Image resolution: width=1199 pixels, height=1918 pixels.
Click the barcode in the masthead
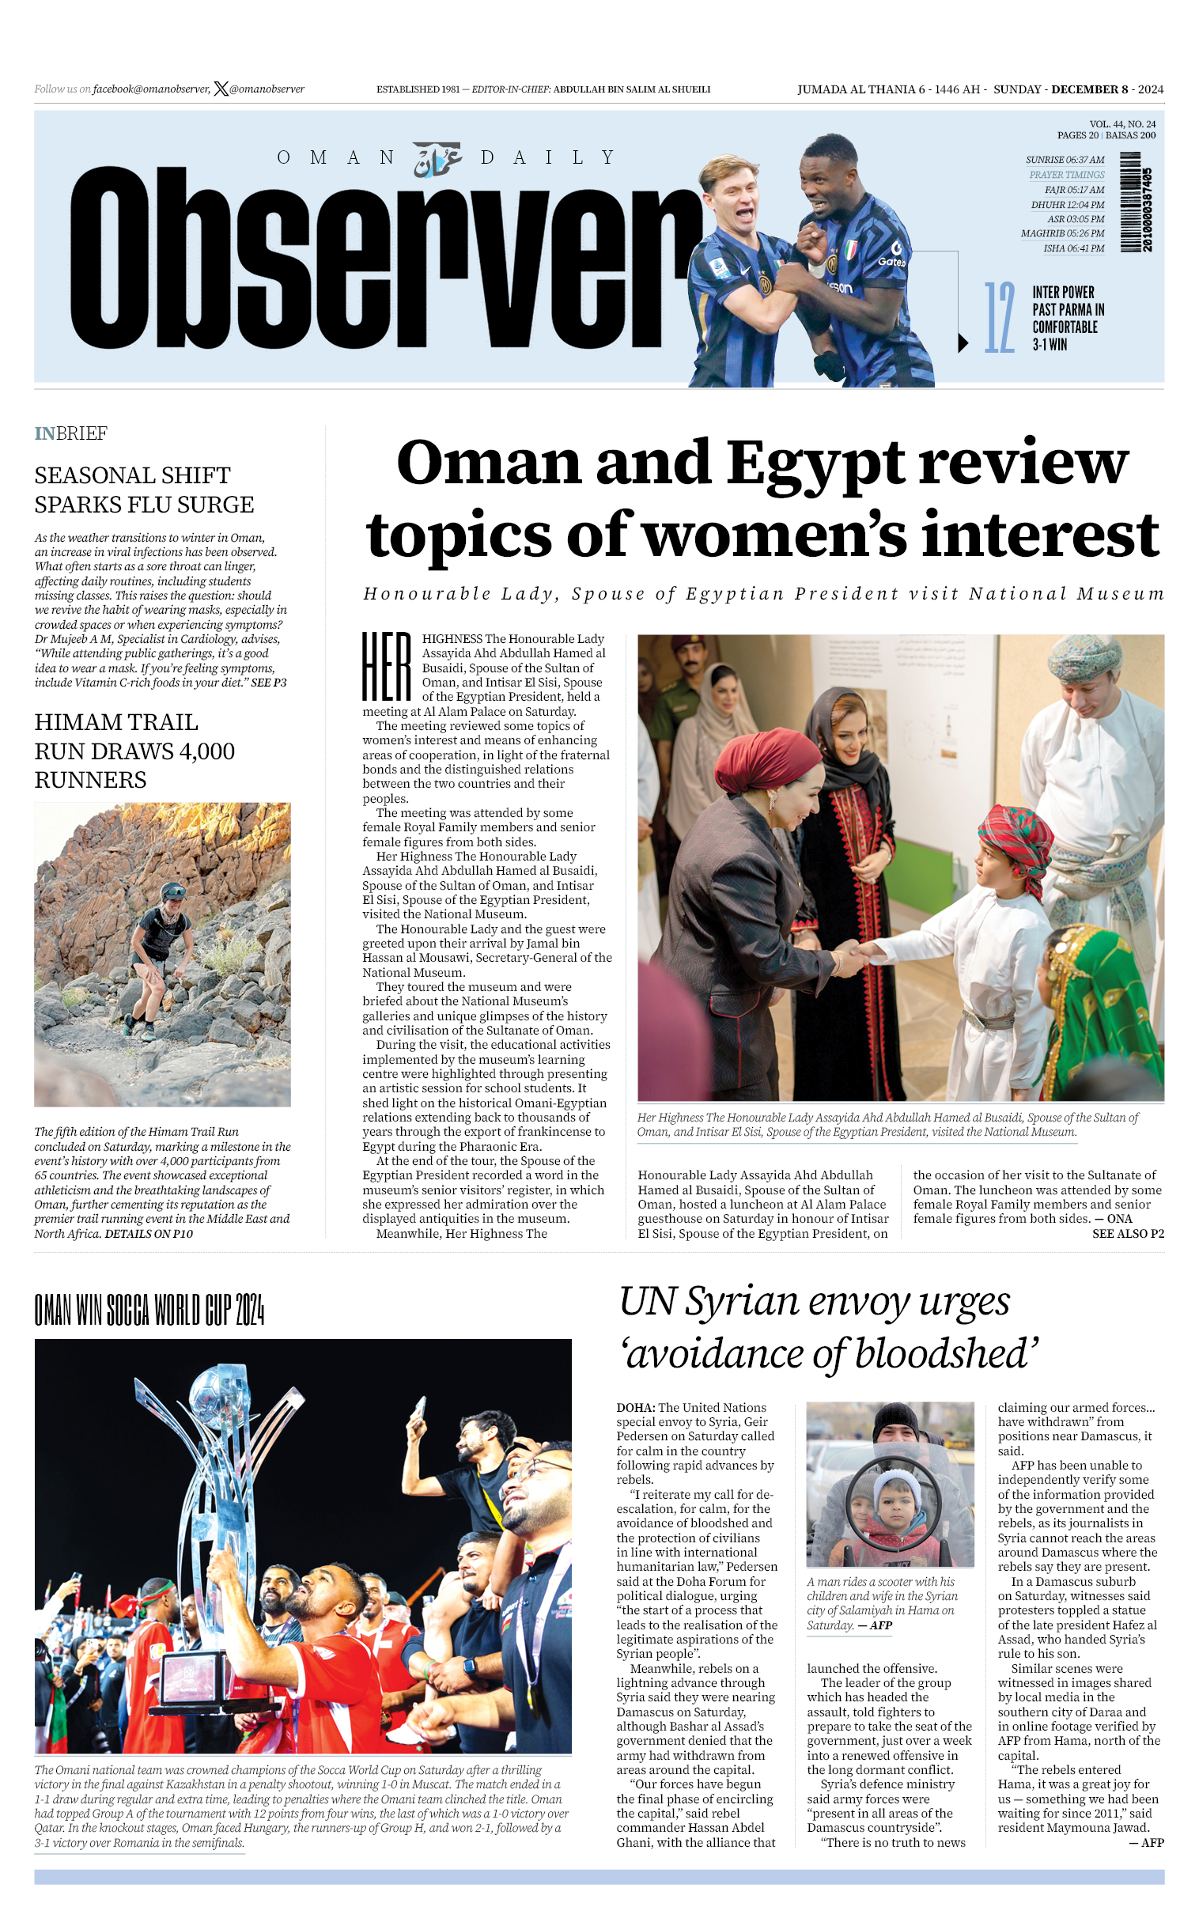1136,202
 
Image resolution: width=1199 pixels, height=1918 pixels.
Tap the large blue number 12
999,318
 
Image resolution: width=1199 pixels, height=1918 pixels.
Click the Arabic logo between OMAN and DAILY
437,158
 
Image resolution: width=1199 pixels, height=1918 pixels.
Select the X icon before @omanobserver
221,89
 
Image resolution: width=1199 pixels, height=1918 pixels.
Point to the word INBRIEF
70,433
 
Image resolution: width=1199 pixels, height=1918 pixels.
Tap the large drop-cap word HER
387,666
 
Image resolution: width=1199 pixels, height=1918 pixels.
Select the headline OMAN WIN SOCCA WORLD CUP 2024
149,1309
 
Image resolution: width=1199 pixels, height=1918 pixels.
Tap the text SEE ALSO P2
1128,1233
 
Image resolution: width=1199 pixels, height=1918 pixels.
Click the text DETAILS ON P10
149,1234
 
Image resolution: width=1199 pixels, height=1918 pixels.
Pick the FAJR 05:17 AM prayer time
1074,191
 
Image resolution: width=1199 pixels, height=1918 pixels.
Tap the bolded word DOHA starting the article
636,1407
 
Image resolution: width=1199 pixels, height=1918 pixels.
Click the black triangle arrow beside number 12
963,343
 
